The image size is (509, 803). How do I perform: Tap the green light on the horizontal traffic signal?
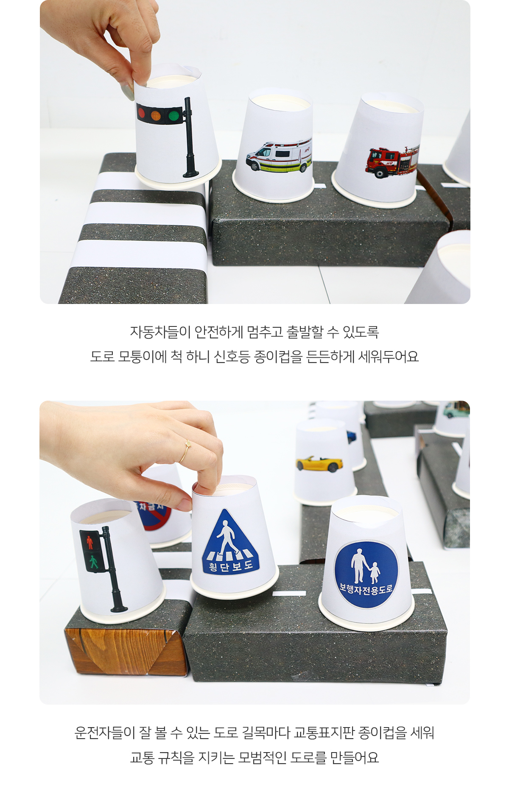[173, 116]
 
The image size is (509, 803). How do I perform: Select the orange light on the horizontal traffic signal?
[157, 114]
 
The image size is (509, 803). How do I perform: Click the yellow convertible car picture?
[319, 464]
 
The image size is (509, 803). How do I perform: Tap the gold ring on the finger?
[185, 451]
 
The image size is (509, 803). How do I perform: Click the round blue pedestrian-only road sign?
[366, 574]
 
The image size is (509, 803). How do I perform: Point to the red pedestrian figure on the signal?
[89, 542]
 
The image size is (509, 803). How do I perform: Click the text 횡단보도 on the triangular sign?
[231, 566]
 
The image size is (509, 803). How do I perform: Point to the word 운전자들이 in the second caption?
[105, 733]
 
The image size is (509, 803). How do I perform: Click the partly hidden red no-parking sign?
[153, 515]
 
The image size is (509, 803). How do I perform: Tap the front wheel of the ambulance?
[255, 166]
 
